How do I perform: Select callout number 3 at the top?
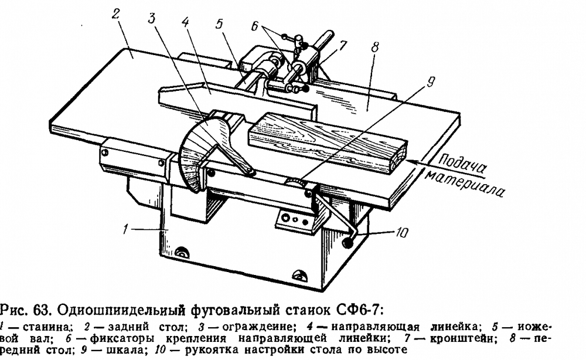click(x=151, y=18)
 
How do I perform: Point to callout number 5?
click(x=219, y=26)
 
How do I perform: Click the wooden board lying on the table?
click(x=328, y=138)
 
